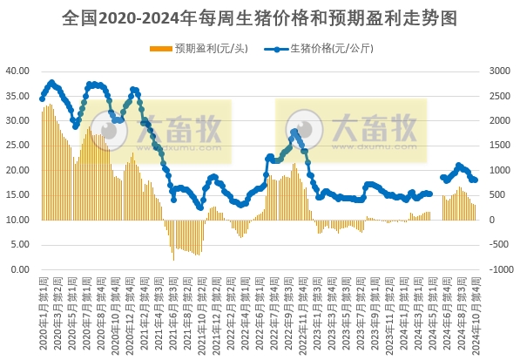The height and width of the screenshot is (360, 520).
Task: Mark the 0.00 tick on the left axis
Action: coord(21,270)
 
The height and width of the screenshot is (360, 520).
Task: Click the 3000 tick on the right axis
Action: coord(501,71)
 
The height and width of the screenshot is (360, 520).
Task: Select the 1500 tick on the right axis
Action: coord(501,146)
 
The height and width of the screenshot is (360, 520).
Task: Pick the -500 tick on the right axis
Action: coord(502,245)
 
